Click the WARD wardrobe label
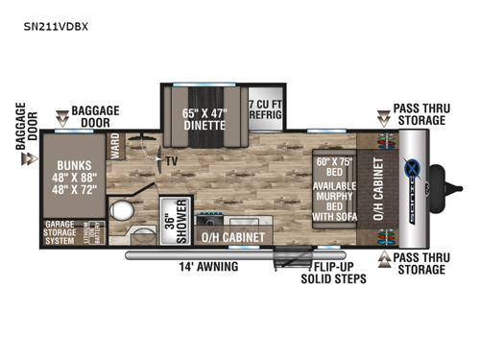pyautogui.click(x=115, y=149)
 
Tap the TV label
pyautogui.click(x=172, y=161)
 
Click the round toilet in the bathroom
pyautogui.click(x=121, y=212)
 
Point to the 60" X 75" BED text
pyautogui.click(x=333, y=168)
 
